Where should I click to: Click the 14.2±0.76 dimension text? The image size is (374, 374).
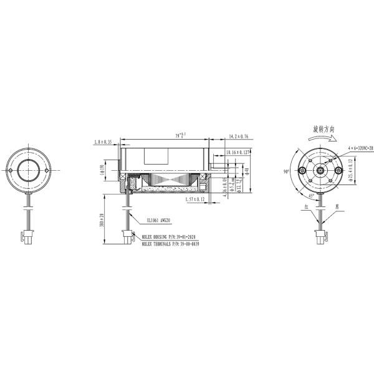(239, 136)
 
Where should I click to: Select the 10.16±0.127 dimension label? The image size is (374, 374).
(237, 151)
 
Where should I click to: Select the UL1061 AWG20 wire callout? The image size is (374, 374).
(160, 220)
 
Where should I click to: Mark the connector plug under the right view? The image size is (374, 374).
(322, 236)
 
